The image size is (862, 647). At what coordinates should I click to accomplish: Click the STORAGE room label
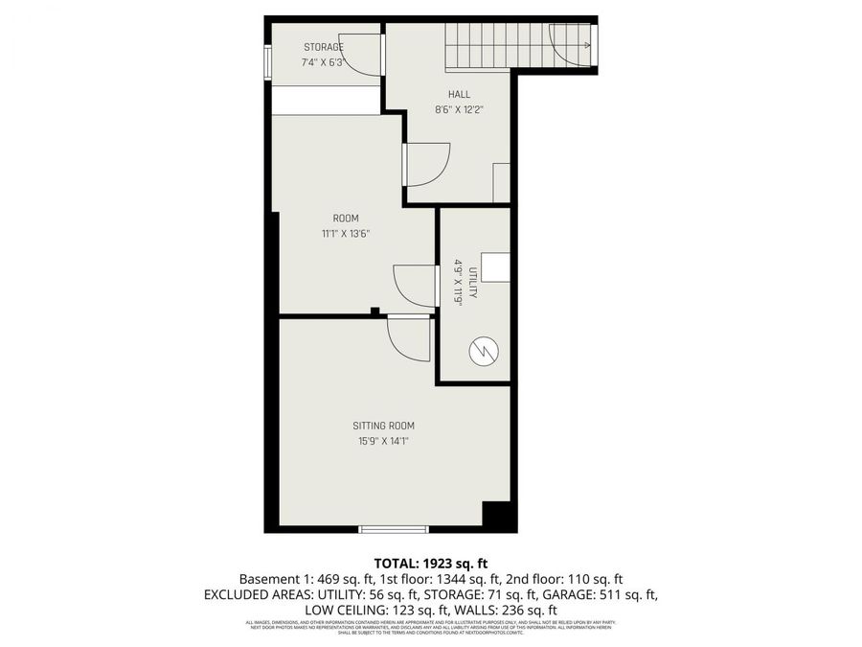tap(324, 47)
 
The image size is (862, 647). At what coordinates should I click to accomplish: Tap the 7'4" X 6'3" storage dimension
tap(324, 62)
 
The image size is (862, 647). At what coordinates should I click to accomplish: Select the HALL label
tap(459, 94)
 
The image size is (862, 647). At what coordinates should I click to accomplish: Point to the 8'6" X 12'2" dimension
tap(459, 109)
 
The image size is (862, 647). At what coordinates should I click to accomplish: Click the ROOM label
tap(346, 219)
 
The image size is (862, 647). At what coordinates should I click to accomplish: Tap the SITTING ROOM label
tap(383, 426)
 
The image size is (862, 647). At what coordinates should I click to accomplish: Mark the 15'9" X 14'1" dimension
tap(383, 442)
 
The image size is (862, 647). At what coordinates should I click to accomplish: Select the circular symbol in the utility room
tap(483, 352)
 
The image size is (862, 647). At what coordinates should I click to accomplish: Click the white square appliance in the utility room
tap(495, 267)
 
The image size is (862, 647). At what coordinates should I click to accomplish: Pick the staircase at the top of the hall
tap(498, 46)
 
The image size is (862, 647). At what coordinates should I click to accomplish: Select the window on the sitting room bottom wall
tap(393, 528)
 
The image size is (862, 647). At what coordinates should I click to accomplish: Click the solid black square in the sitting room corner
tap(498, 516)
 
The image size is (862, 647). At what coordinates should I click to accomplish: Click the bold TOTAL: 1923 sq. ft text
tap(430, 563)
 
